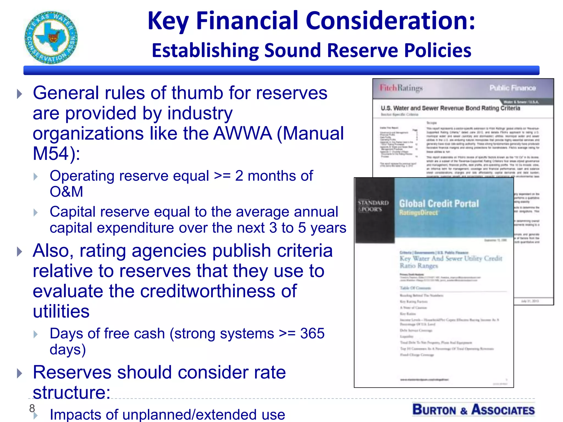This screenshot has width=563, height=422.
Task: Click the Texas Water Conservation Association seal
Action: point(51,38)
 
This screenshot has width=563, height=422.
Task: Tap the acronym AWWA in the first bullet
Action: point(243,134)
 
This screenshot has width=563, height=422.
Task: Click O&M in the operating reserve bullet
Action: point(66,191)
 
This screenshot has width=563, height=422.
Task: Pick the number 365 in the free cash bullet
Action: point(312,334)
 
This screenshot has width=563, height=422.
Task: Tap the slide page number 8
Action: point(32,408)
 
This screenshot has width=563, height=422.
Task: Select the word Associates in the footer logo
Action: point(503,410)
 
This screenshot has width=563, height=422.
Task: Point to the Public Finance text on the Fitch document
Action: point(512,88)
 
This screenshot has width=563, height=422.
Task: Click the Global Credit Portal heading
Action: point(439,204)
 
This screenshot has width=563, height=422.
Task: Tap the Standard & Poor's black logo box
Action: point(374,210)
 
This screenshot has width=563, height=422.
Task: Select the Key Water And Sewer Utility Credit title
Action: point(451,262)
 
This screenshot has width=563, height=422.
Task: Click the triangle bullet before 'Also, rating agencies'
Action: point(19,251)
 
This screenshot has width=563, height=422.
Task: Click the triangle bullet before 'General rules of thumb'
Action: point(19,94)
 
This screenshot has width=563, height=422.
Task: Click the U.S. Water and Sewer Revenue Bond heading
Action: point(450,108)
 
